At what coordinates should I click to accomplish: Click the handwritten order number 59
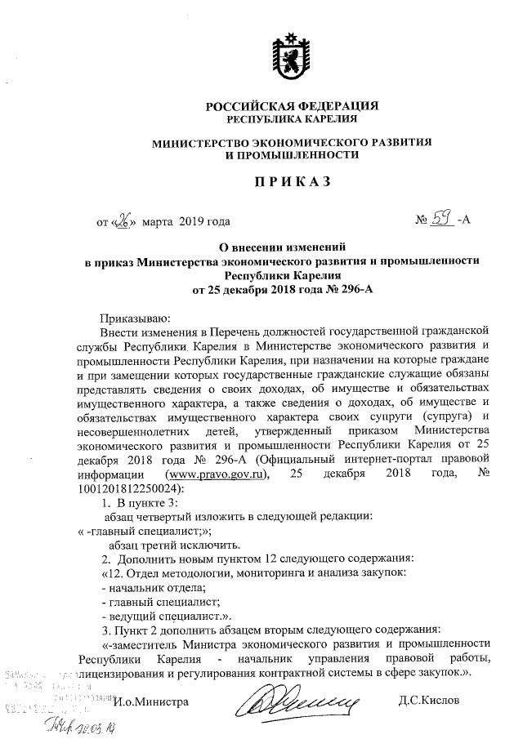pyautogui.click(x=442, y=218)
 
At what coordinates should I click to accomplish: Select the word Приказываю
pyautogui.click(x=134, y=318)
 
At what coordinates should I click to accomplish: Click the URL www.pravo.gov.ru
pyautogui.click(x=217, y=475)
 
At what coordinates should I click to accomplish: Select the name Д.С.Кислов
pyautogui.click(x=431, y=701)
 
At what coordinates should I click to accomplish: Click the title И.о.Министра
pyautogui.click(x=151, y=701)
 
